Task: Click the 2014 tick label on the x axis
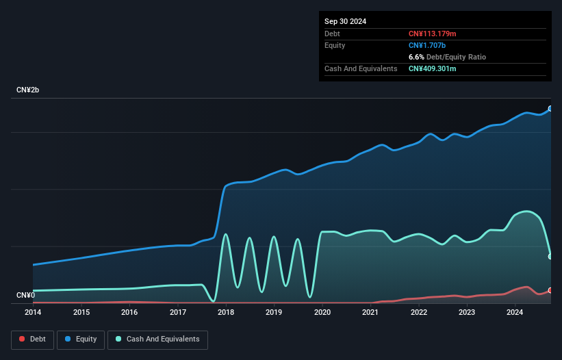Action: pos(33,313)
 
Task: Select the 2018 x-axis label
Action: pos(226,313)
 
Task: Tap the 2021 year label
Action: pos(370,313)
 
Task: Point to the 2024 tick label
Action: pos(515,313)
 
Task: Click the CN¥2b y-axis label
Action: pos(28,90)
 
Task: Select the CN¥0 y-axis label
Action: pos(26,295)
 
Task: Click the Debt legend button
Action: pos(31,339)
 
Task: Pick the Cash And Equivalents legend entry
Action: pos(157,339)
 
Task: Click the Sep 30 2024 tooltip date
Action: pos(346,21)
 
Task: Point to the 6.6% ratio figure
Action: pos(416,57)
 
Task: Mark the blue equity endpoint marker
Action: pos(550,109)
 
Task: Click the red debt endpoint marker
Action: pos(550,290)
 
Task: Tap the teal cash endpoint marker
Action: pos(550,257)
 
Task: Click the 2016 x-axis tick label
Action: pos(129,313)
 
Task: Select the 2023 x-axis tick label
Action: pos(467,313)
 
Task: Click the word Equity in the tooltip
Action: pos(335,45)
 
